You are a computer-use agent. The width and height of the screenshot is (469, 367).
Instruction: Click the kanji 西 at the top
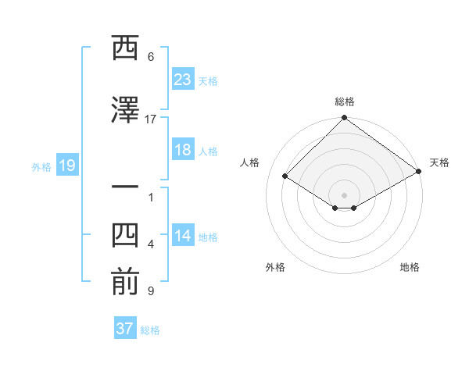pyautogui.click(x=124, y=48)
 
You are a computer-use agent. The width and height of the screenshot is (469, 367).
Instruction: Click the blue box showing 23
pyautogui.click(x=182, y=80)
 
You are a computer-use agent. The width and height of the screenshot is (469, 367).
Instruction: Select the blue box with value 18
pyautogui.click(x=182, y=150)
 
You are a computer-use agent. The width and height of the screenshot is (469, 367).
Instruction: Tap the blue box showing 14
pyautogui.click(x=182, y=237)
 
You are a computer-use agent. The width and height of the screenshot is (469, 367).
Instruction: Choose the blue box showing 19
pyautogui.click(x=66, y=166)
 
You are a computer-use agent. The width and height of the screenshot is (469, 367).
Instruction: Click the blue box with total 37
pyautogui.click(x=125, y=329)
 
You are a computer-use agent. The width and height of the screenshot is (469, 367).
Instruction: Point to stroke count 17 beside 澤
pyautogui.click(x=151, y=119)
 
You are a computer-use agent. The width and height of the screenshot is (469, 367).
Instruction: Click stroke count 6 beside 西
pyautogui.click(x=151, y=57)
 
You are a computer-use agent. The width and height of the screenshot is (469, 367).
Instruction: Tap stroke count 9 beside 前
pyautogui.click(x=150, y=291)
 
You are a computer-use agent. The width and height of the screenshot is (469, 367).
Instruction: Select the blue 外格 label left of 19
pyautogui.click(x=41, y=166)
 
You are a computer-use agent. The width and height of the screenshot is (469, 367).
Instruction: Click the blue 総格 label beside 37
pyautogui.click(x=150, y=330)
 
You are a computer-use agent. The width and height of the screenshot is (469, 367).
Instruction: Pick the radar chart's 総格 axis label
pyautogui.click(x=344, y=102)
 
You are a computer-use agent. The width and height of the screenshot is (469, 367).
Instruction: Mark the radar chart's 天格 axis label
pyautogui.click(x=439, y=162)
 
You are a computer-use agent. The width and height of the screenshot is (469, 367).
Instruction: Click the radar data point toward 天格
pyautogui.click(x=419, y=172)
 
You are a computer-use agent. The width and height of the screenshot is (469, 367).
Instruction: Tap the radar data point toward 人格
pyautogui.click(x=285, y=176)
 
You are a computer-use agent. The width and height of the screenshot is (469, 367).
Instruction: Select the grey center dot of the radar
pyautogui.click(x=344, y=194)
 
